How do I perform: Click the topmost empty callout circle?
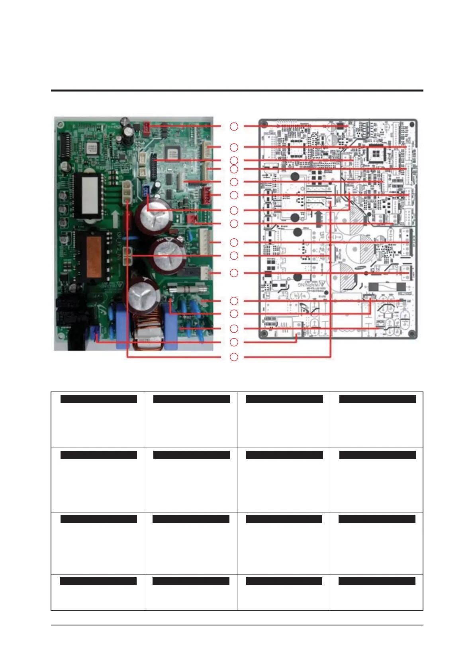[234, 126]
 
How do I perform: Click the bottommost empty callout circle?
[234, 357]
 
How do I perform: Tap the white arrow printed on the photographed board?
[116, 218]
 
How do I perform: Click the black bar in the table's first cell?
[98, 399]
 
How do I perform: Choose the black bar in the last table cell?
[377, 581]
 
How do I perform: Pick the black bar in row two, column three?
[284, 455]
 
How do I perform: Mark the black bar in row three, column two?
[191, 519]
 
